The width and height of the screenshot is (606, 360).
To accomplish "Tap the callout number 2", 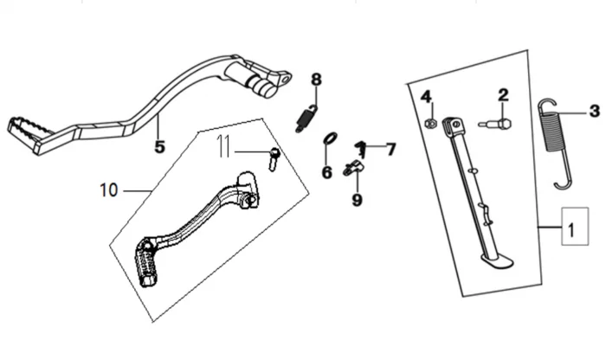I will [503, 94].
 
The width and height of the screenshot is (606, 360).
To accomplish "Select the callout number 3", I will [594, 111].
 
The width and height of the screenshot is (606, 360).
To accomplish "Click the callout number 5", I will [159, 146].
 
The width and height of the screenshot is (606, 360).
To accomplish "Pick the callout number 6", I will [326, 172].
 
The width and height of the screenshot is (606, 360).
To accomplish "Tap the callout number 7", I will [390, 150].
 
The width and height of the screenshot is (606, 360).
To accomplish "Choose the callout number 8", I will [316, 80].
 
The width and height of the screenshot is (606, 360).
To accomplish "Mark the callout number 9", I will [357, 200].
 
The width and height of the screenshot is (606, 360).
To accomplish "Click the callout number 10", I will [106, 188].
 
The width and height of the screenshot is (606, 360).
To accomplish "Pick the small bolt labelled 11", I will [274, 157].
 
